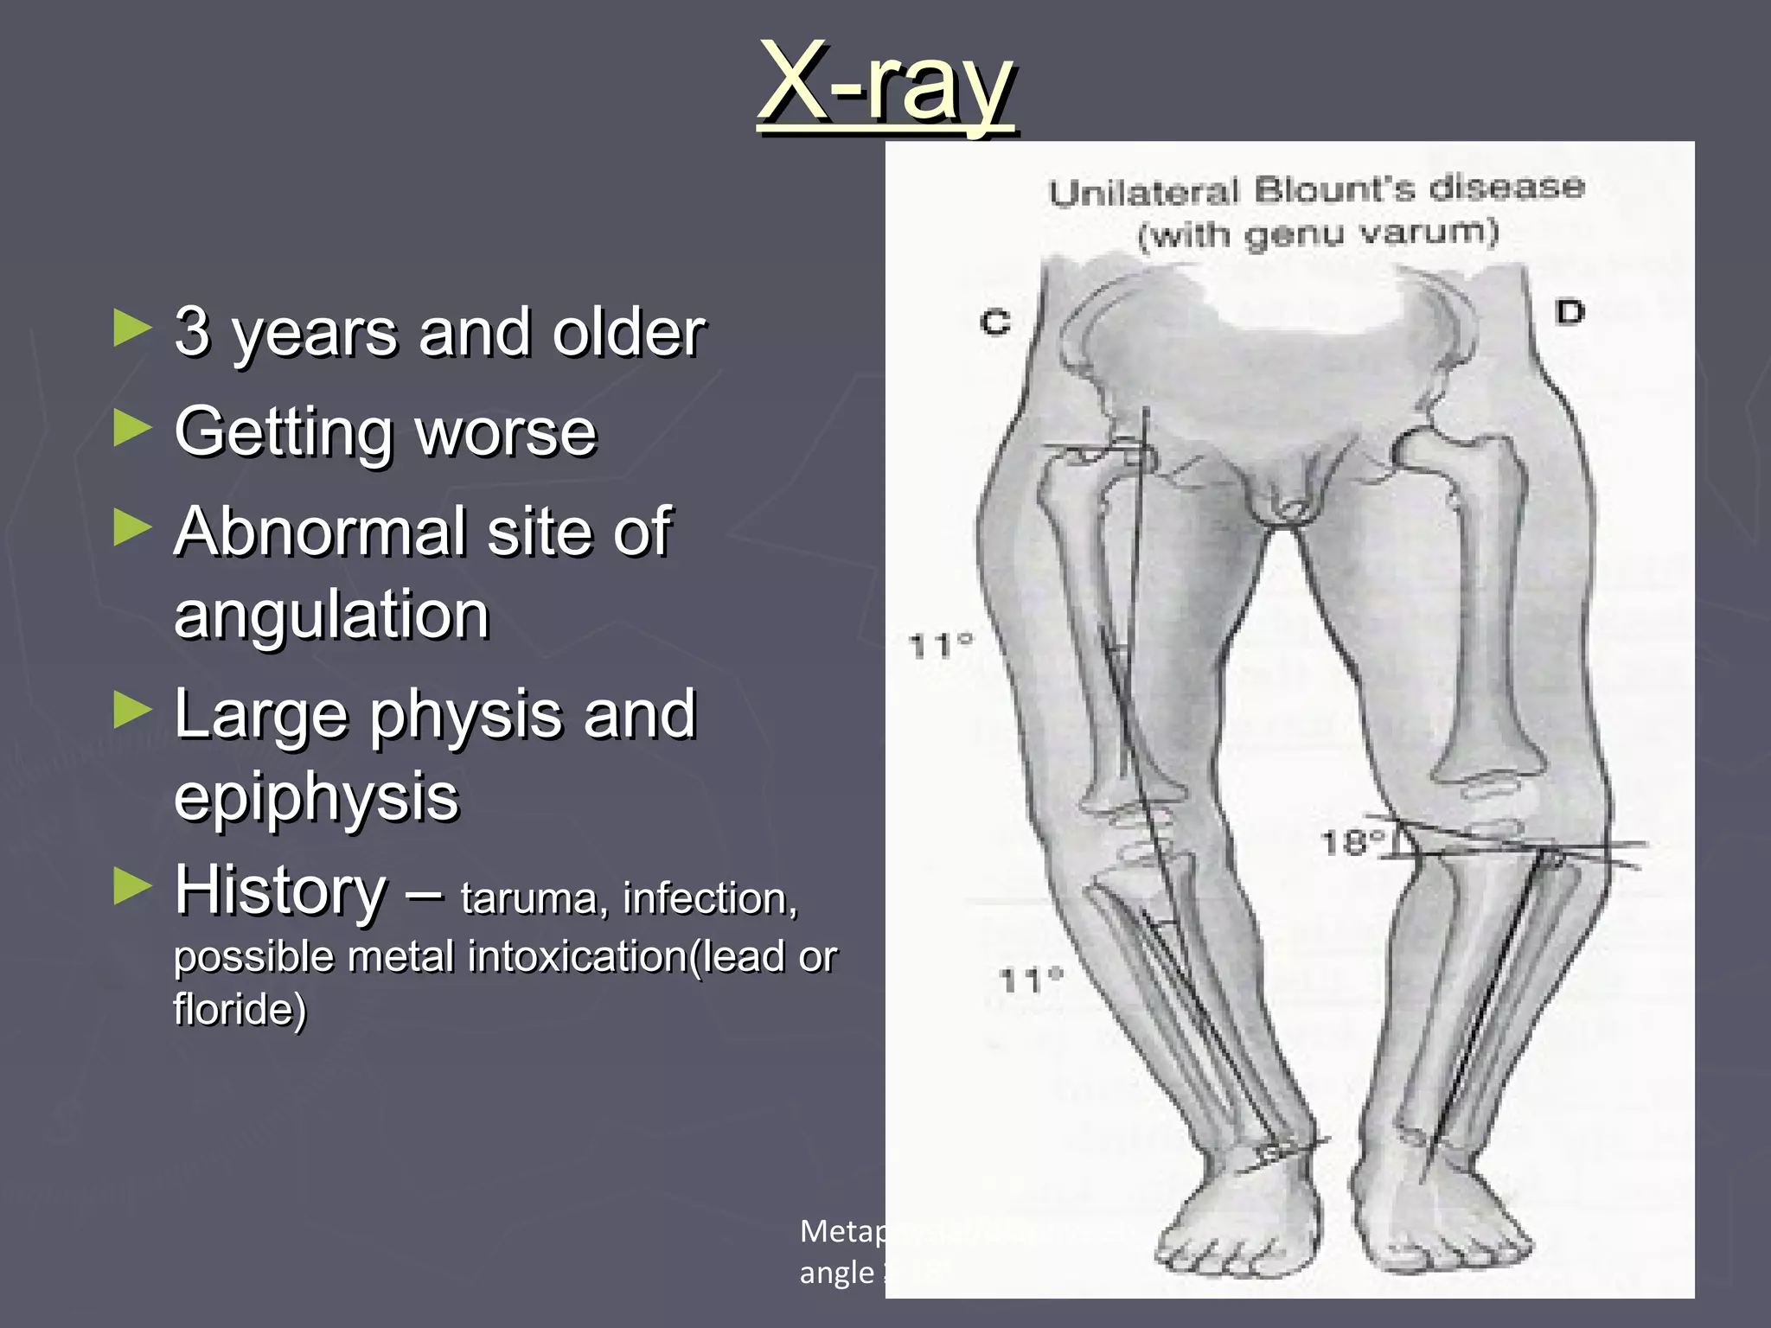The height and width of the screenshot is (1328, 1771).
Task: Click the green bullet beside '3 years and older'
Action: pos(132,329)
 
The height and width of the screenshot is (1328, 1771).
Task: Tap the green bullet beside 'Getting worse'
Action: pos(132,429)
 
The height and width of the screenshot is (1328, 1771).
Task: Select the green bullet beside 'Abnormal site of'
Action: pos(132,527)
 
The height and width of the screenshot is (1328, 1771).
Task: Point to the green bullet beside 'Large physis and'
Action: pos(132,711)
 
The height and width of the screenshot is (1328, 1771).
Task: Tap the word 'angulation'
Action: pos(332,614)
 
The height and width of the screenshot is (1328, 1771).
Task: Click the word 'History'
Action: pos(281,890)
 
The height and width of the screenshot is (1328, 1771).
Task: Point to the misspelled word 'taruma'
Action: pos(528,898)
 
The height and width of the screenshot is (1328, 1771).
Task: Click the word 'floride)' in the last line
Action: pos(240,1009)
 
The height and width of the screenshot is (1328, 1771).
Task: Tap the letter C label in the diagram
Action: pos(995,322)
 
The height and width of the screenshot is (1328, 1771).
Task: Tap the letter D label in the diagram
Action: pos(1570,311)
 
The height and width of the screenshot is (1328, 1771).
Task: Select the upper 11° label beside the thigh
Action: pos(941,645)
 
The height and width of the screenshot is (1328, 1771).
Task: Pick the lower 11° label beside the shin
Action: pos(1030,980)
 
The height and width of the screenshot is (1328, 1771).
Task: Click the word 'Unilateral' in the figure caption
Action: pos(1144,192)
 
